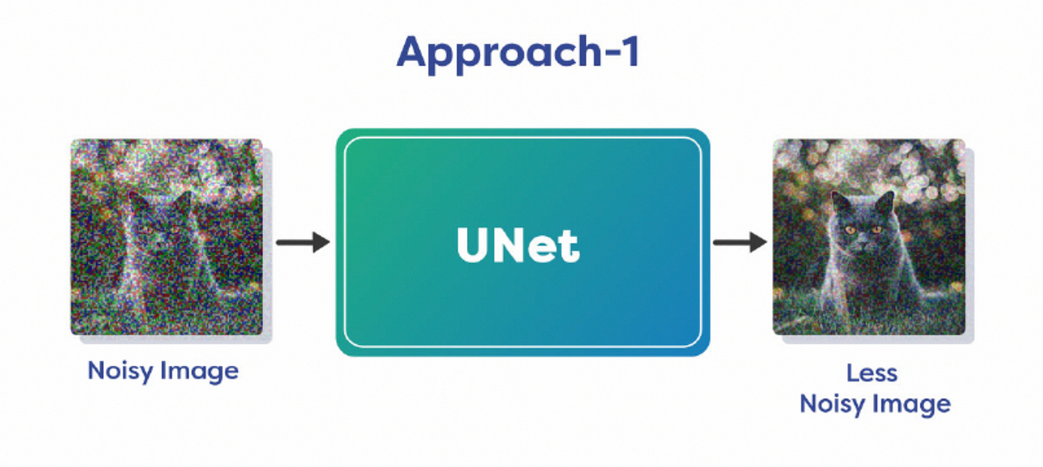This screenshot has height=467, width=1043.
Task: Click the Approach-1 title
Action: [518, 52]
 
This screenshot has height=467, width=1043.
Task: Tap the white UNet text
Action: [518, 246]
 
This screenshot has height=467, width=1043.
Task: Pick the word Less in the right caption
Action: [872, 373]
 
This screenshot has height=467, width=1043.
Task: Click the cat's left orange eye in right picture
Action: [850, 231]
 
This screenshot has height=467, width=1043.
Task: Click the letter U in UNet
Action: [474, 246]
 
